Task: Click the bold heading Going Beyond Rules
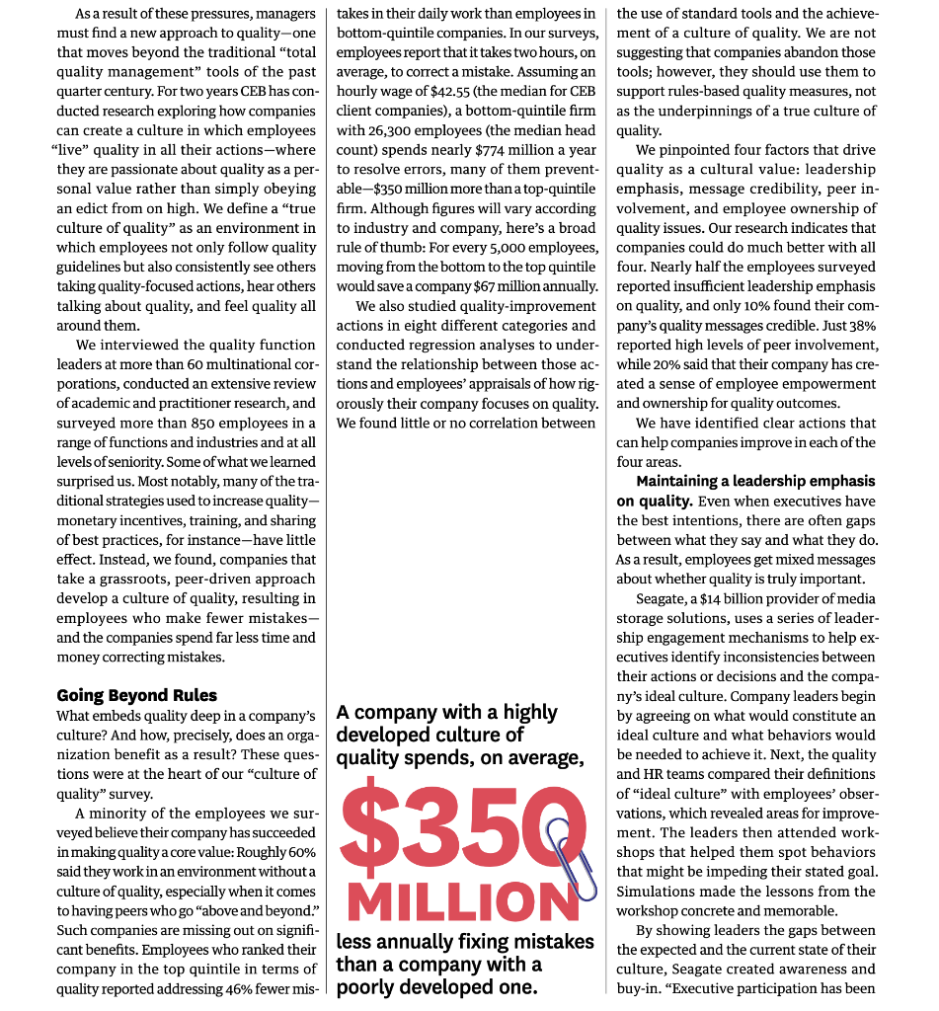[x=136, y=695]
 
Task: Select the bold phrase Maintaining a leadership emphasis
[x=755, y=481]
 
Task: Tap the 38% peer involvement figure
[x=856, y=325]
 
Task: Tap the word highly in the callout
[x=530, y=712]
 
